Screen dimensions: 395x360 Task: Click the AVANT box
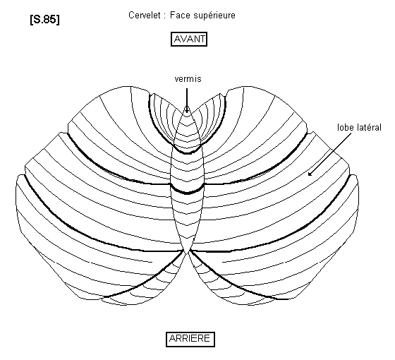(x=189, y=39)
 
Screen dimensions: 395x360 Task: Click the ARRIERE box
(x=190, y=340)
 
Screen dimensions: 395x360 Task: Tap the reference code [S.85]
(x=45, y=19)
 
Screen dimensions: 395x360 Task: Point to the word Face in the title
(x=180, y=15)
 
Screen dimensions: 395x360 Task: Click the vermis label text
(x=188, y=79)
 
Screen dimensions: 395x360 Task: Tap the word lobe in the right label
(x=346, y=127)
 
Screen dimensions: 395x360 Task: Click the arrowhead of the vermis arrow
(x=187, y=109)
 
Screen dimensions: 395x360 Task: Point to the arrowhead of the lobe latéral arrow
(x=310, y=174)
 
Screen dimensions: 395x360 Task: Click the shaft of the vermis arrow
(x=187, y=99)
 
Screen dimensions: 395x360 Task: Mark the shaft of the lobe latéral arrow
(x=330, y=154)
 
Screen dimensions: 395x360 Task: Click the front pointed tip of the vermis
(x=187, y=106)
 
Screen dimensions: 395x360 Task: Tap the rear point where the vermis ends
(x=187, y=254)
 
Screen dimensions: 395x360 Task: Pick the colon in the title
(x=164, y=16)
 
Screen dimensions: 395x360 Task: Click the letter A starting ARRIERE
(x=173, y=339)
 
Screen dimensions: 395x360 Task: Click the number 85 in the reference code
(x=49, y=19)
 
